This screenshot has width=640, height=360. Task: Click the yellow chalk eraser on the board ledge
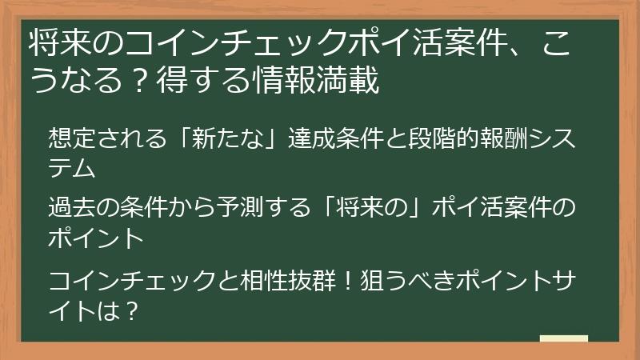[563, 339]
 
